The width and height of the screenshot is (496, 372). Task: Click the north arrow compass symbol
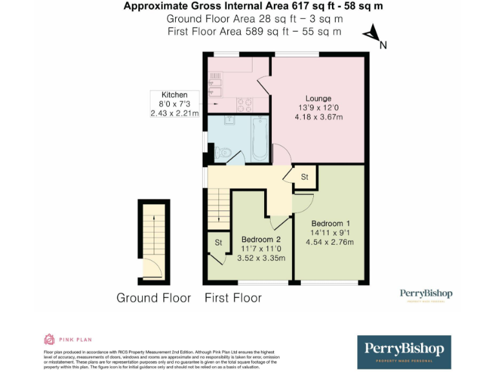tap(373, 36)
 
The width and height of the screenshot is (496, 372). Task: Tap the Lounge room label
tap(318, 98)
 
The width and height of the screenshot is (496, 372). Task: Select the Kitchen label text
tap(174, 95)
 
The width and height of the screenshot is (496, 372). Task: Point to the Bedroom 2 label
tap(262, 238)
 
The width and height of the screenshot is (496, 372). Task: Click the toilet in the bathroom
tap(222, 153)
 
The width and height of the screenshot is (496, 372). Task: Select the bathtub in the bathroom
tap(260, 138)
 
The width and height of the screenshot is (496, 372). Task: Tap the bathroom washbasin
tap(229, 120)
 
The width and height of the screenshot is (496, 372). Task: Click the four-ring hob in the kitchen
tap(245, 104)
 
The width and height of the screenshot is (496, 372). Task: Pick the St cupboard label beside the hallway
tap(305, 177)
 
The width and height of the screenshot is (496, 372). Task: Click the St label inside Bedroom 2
tap(218, 242)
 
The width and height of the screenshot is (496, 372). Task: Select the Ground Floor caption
tap(154, 298)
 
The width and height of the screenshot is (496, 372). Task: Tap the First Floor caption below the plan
tap(233, 298)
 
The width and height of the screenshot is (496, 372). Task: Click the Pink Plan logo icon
tap(49, 339)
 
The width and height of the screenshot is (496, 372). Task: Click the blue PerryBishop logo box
tap(404, 352)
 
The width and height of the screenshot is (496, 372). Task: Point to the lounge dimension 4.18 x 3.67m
tap(318, 117)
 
